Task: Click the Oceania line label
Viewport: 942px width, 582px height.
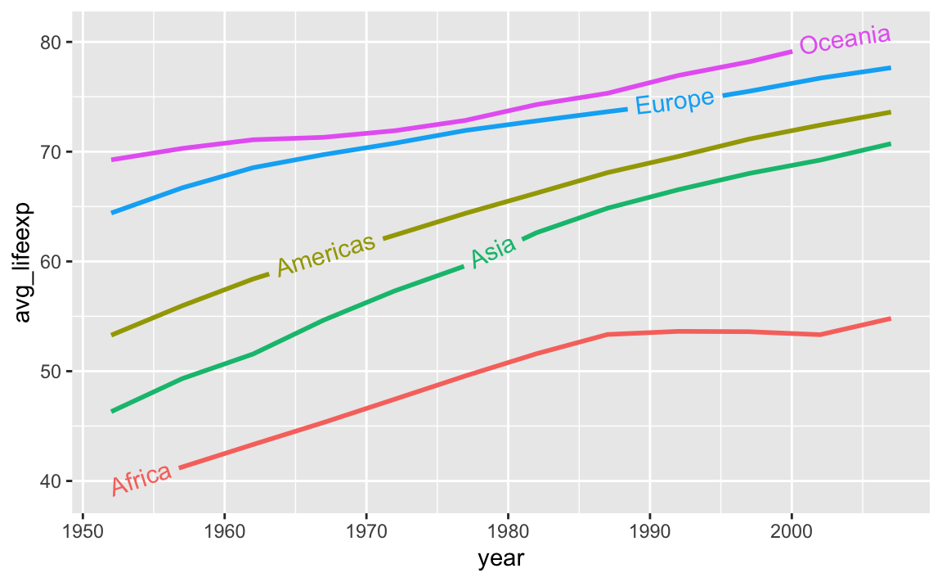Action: coord(844,39)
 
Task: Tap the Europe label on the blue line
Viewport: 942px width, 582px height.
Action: coord(675,102)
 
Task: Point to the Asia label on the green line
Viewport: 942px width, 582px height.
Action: coord(493,251)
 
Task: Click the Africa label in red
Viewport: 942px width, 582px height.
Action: coord(141,479)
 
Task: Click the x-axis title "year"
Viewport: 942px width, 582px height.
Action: coord(501,560)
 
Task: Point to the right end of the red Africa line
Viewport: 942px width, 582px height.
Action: coord(889,318)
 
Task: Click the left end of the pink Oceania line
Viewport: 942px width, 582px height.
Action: coord(113,160)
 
